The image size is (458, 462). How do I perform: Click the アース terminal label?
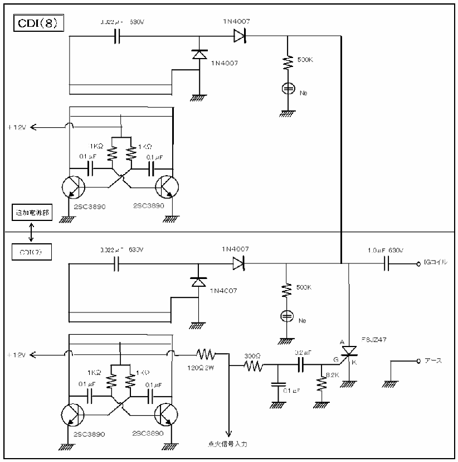(433, 360)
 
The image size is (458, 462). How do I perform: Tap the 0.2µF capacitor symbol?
(301, 365)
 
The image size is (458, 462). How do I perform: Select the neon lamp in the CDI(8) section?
(287, 89)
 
